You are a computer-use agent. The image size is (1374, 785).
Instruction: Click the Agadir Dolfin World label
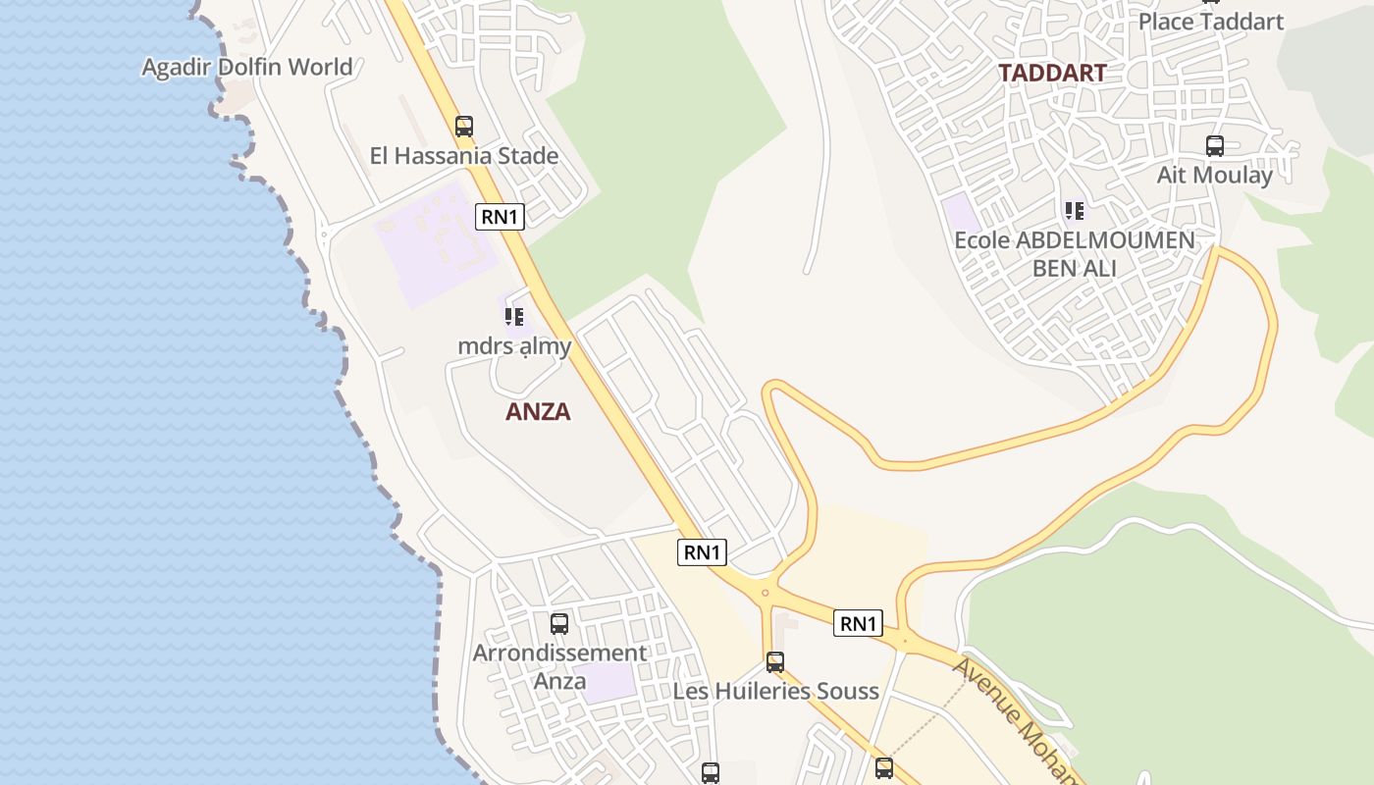click(x=247, y=67)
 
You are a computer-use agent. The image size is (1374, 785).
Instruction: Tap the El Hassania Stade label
click(x=463, y=155)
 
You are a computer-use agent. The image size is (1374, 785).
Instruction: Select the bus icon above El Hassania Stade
click(x=464, y=126)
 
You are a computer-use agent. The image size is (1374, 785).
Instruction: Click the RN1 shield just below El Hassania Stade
click(x=500, y=217)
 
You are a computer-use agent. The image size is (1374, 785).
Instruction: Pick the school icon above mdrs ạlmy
click(x=513, y=317)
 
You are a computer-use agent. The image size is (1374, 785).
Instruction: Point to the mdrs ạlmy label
click(x=514, y=345)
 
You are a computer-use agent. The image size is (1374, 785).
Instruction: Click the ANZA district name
click(x=538, y=411)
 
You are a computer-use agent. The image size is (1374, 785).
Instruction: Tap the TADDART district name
click(x=1052, y=72)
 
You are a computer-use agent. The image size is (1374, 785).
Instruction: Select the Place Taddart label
click(x=1211, y=22)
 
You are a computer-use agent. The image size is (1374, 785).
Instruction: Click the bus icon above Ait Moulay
click(x=1215, y=146)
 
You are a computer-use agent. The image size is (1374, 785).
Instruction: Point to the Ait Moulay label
click(x=1215, y=175)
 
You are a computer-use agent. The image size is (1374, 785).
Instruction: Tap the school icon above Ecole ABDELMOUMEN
click(x=1075, y=210)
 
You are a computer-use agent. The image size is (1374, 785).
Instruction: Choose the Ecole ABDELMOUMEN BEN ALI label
click(x=1075, y=253)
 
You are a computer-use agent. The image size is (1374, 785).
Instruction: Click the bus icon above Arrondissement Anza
click(x=559, y=623)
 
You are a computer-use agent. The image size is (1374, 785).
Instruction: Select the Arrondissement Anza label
click(x=559, y=666)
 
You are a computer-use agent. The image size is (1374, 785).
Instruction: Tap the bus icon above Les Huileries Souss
click(x=775, y=662)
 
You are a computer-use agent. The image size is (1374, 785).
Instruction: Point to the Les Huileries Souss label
click(x=775, y=691)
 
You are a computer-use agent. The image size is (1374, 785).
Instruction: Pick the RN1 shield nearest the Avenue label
click(x=858, y=623)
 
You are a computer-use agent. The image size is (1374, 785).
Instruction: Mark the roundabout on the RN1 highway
click(x=765, y=593)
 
